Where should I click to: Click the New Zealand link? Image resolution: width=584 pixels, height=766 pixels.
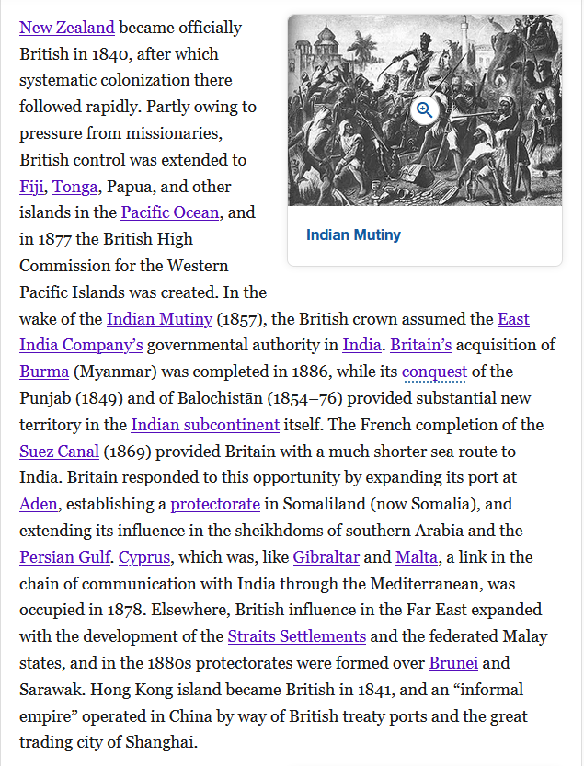67,28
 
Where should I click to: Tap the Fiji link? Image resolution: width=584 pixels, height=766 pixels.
31,187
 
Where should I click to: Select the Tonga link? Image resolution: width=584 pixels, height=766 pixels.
75,187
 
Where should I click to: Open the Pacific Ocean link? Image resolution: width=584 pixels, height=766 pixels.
170,212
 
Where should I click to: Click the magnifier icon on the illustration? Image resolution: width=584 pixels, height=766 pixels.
424,110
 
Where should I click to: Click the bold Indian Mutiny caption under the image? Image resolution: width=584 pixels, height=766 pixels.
353,234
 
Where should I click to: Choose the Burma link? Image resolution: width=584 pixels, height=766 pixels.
44,372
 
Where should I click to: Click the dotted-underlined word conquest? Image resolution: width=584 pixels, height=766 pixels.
434,372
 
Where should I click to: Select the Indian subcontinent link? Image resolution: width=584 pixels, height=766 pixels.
205,425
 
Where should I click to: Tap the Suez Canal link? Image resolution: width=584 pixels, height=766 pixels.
59,452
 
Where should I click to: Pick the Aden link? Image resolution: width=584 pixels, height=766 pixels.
39,504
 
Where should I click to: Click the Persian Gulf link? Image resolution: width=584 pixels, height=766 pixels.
64,557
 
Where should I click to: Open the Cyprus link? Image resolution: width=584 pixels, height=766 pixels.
143,557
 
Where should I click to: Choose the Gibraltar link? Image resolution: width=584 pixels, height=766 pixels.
326,557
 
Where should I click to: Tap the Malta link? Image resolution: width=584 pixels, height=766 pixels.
417,557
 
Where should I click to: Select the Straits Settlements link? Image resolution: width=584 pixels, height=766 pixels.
297,636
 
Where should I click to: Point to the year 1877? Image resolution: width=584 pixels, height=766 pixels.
57,239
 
